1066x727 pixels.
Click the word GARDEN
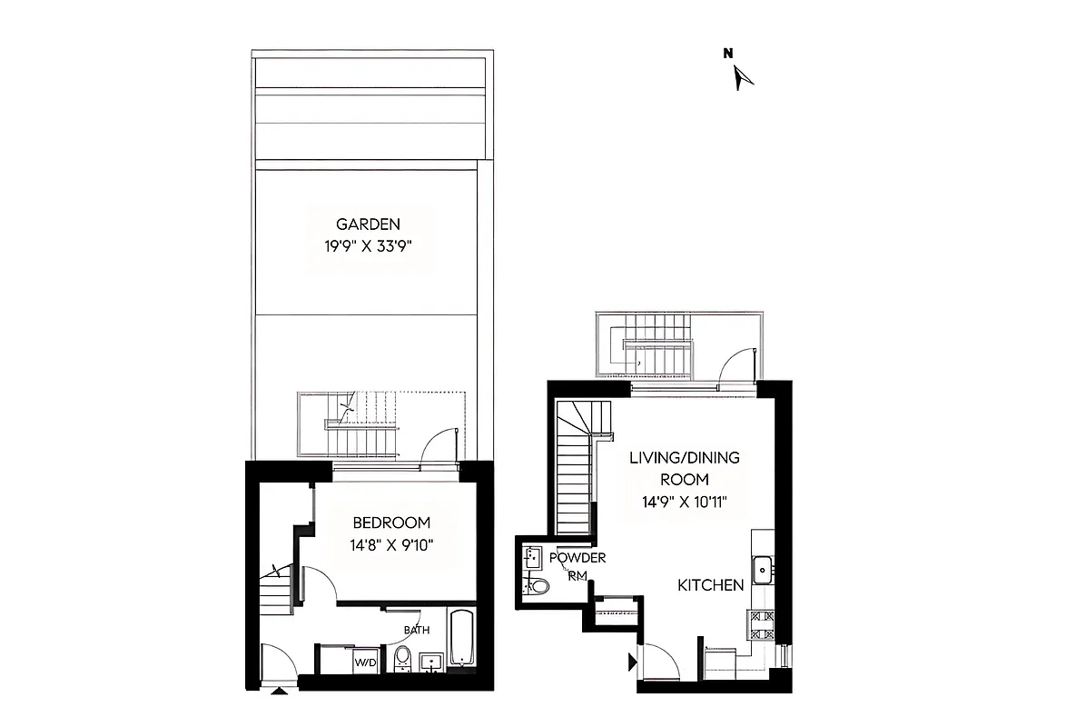[x=368, y=224]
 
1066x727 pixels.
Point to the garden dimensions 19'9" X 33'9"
[x=368, y=245]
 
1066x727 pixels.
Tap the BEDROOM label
[x=391, y=523]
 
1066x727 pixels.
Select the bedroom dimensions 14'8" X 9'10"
[x=391, y=545]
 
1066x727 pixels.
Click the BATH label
[x=417, y=630]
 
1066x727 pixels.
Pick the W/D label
[x=365, y=662]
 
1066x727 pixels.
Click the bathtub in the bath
[x=461, y=638]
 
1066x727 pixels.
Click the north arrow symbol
[x=744, y=78]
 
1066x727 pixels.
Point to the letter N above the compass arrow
[x=727, y=53]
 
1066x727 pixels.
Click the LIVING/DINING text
[x=685, y=458]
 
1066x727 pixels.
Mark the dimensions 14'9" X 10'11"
[x=685, y=502]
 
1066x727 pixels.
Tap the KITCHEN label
[x=711, y=586]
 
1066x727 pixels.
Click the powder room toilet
[x=538, y=586]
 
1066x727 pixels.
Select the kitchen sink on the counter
[x=763, y=570]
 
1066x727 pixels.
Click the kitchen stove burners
[x=761, y=625]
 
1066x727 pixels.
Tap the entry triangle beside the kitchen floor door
[x=632, y=662]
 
